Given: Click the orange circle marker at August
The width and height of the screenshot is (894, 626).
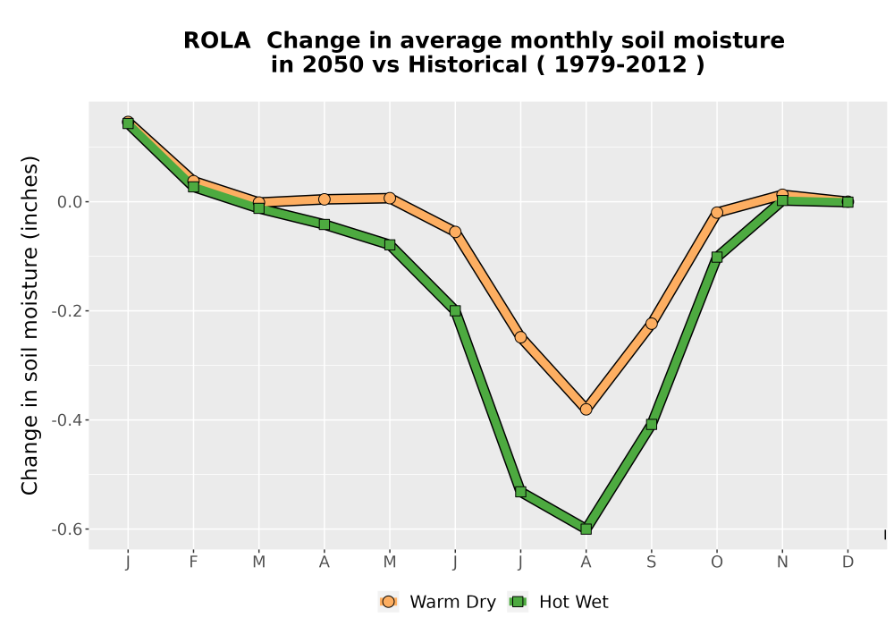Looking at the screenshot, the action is point(586,410).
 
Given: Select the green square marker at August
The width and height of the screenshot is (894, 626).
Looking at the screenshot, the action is point(586,529).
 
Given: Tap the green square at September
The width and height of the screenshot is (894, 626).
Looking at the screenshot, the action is point(651,424).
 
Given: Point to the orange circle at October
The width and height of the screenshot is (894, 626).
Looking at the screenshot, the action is point(717,212).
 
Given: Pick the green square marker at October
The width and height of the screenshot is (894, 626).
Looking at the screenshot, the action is point(717,258).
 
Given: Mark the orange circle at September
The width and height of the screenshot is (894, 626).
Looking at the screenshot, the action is point(651,324).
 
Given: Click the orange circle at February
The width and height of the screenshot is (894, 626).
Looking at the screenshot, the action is point(193,182).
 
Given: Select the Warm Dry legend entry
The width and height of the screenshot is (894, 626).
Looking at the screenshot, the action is point(437,602).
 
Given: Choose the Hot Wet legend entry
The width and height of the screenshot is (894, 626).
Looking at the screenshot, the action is point(558,602).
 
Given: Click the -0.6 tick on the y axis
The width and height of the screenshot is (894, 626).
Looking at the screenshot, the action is point(67,529).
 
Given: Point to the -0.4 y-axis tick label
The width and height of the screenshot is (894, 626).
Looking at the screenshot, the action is point(67,420).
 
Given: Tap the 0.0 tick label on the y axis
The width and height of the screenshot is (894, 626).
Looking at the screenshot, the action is point(70,202).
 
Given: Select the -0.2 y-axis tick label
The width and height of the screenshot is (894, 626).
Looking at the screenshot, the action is point(67,311).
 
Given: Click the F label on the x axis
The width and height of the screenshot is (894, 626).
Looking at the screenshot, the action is point(193,563).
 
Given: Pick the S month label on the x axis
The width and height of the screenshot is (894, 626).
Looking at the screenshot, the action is point(651,563).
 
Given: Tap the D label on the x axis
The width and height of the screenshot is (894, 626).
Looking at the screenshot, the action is point(848,563).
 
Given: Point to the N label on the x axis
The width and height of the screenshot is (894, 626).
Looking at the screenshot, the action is point(782,563).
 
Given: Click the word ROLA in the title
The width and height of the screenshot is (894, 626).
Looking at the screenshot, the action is point(216,41).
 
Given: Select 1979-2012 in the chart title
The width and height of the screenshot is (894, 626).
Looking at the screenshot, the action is point(620,65).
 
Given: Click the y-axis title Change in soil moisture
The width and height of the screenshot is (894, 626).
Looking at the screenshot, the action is point(30,325).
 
